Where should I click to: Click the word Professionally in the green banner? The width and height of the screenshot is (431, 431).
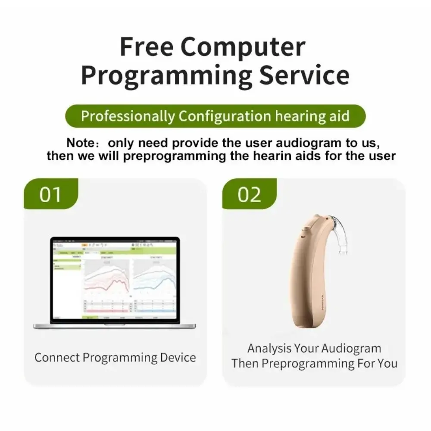pos(128,116)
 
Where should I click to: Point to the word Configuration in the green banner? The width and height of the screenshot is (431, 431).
pos(225,116)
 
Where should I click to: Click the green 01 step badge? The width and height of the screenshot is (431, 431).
pos(51,195)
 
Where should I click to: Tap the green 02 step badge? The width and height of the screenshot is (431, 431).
pos(250,195)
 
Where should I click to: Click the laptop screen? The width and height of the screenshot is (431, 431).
pos(114,280)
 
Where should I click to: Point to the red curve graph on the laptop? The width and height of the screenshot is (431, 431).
pos(106,280)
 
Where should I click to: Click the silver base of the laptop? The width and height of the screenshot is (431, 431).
pos(114,326)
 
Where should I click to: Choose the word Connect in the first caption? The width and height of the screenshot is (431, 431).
pos(57,358)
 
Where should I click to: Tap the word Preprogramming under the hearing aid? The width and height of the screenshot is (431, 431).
pos(308,363)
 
